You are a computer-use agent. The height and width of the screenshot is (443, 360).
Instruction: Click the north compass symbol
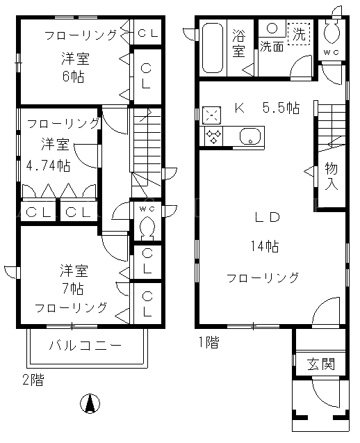coord(90,404)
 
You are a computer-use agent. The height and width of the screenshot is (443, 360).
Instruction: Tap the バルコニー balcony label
coord(85,346)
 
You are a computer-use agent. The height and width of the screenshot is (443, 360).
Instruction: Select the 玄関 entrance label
coord(321,364)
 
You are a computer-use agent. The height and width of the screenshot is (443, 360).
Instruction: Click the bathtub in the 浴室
coord(213,48)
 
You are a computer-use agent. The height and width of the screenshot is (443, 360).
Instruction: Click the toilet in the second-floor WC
coord(146,227)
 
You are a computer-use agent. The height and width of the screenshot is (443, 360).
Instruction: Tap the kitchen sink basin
coord(250,136)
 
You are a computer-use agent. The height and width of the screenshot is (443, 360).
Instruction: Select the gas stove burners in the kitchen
coord(211,136)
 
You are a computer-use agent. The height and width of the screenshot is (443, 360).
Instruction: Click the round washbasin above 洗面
coord(272,28)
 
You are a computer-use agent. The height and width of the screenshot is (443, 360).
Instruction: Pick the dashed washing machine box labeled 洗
coord(299,34)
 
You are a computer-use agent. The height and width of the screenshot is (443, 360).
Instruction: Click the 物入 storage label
coord(332,176)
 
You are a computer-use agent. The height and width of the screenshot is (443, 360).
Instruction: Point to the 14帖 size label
coord(265,246)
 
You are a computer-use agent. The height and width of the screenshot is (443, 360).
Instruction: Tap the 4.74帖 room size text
coord(48,166)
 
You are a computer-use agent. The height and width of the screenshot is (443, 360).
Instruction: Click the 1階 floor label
coord(208,342)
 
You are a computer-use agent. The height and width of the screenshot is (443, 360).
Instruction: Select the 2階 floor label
coord(33,380)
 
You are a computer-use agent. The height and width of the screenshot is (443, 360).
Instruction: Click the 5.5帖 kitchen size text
coord(281,108)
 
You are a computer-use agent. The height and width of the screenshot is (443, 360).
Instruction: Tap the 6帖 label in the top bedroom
coord(74,76)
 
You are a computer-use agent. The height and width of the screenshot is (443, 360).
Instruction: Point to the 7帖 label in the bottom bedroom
coord(73,289)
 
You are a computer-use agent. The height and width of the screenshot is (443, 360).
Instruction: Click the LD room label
coord(267,217)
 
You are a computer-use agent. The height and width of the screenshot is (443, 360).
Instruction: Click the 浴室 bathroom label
coord(239,42)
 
